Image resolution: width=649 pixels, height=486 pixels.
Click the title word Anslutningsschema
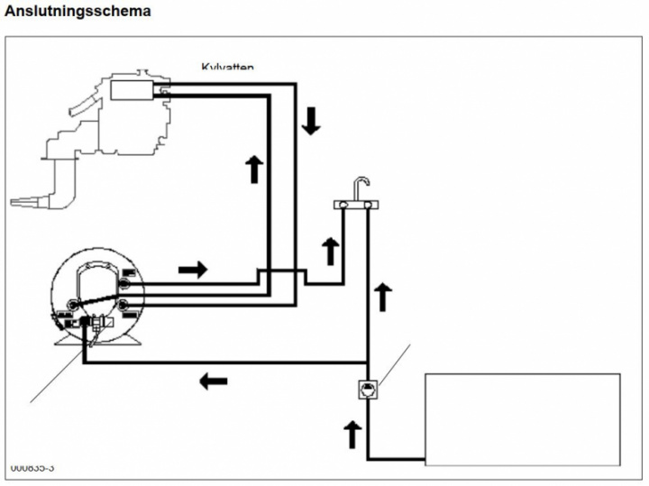click(78, 11)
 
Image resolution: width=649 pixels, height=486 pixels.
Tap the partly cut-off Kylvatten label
click(227, 66)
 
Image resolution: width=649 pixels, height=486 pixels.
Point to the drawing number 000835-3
click(32, 468)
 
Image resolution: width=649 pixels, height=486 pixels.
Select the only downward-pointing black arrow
click(311, 120)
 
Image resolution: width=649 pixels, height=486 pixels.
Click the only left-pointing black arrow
click(213, 381)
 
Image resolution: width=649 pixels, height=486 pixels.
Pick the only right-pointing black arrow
click(194, 269)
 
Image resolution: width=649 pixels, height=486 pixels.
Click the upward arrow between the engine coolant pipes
click(254, 168)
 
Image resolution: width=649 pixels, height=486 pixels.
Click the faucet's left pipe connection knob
click(343, 207)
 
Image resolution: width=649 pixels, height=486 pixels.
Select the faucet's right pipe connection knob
click(369, 207)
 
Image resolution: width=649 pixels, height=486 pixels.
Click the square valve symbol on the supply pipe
click(369, 390)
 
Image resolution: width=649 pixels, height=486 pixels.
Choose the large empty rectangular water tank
click(522, 418)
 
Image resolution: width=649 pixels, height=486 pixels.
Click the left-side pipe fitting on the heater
click(66, 315)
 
